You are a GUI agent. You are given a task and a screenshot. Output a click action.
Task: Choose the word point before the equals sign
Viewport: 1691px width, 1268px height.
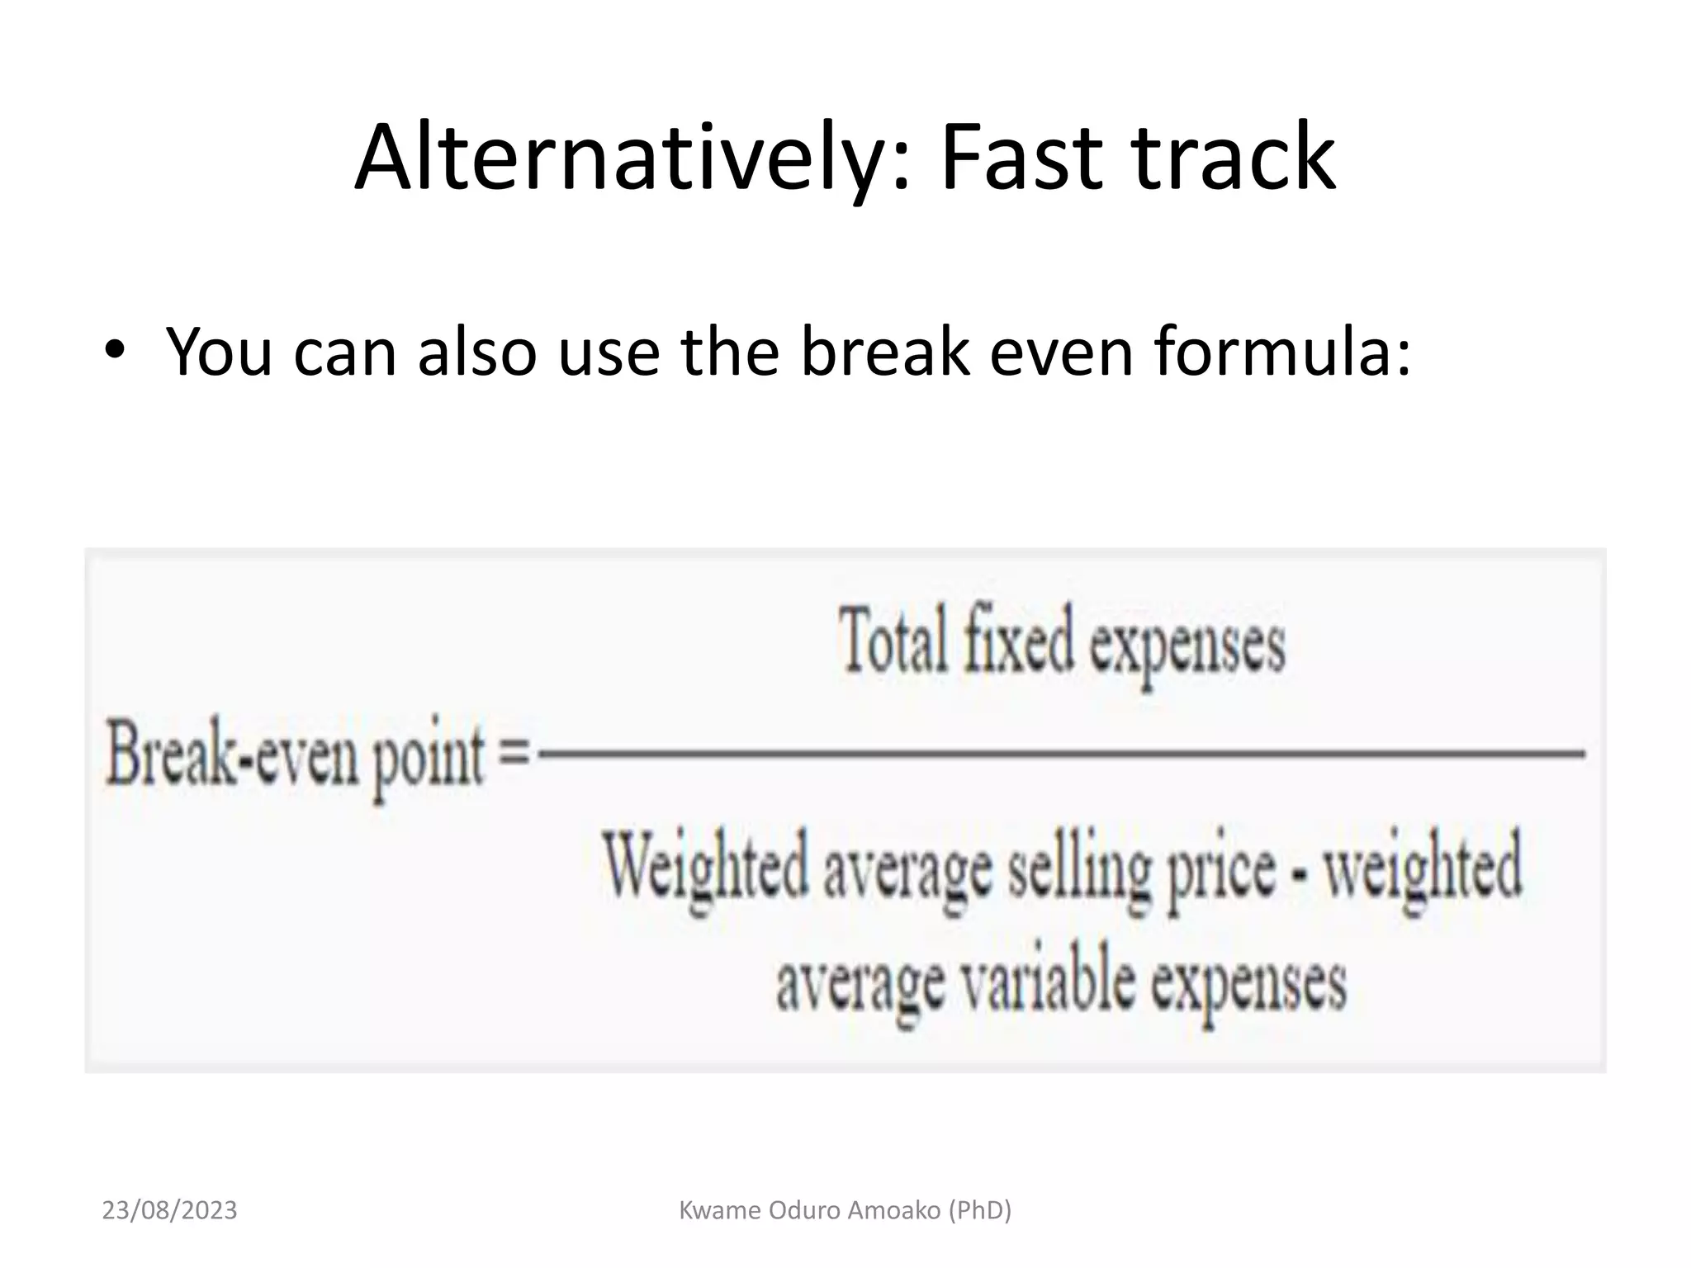coord(428,759)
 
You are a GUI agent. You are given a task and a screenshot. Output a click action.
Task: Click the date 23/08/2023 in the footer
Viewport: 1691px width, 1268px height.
coord(169,1210)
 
